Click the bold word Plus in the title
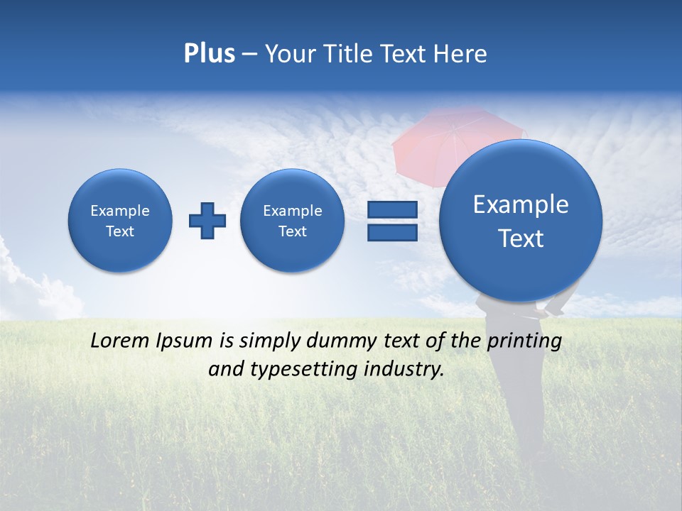[209, 53]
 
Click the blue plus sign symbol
[207, 221]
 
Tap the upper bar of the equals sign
[392, 209]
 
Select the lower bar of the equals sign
[392, 232]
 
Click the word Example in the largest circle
[521, 204]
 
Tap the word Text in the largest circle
[521, 238]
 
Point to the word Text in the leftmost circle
[120, 231]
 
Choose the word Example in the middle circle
[293, 211]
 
